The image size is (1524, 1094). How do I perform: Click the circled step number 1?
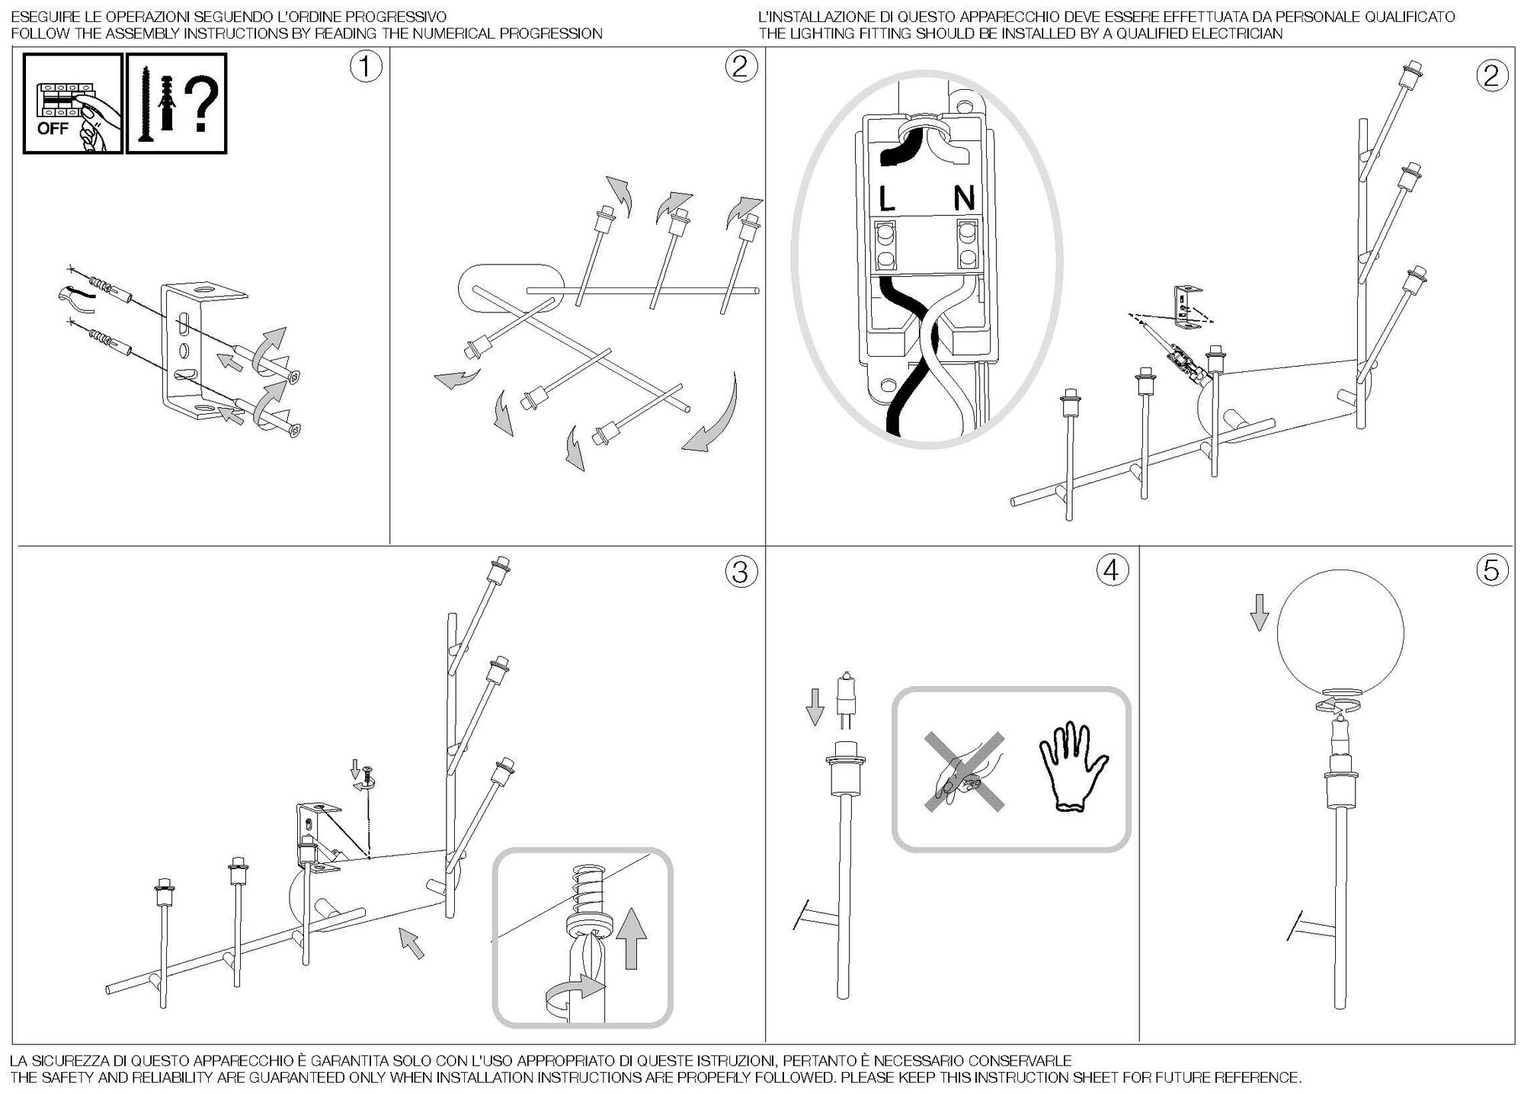pos(365,67)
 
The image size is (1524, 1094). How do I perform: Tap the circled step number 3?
pos(740,572)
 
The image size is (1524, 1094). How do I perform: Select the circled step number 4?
pos(1112,569)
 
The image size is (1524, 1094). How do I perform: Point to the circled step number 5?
pos(1491,569)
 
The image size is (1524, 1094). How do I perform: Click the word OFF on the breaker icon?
pos(53,129)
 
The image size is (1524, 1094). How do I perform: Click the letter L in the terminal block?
pos(886,200)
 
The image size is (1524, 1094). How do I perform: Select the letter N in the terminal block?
pos(964,199)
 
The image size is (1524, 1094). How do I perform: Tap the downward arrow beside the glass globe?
pos(1260,612)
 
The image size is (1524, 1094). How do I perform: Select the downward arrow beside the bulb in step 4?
pos(815,706)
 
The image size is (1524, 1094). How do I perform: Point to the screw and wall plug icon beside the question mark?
pos(151,105)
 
